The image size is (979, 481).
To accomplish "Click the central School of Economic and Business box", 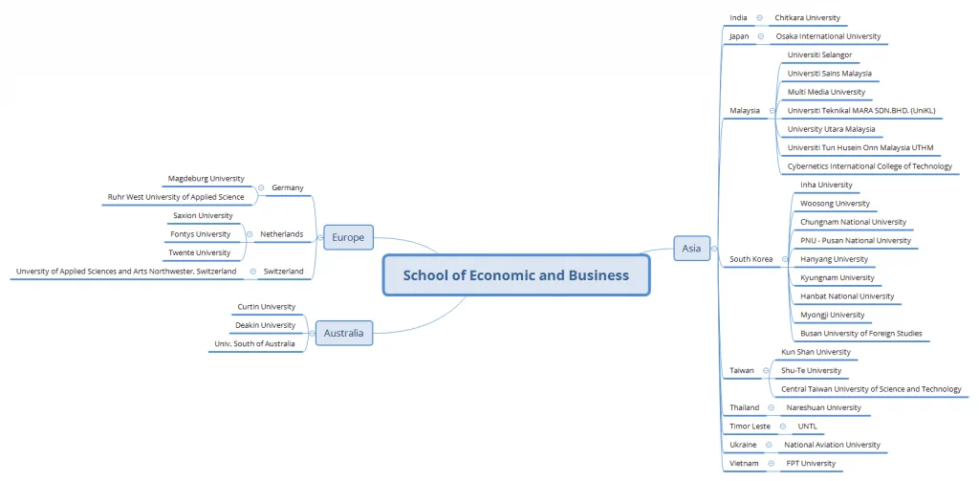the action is pyautogui.click(x=516, y=274).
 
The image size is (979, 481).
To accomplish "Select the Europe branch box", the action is pyautogui.click(x=348, y=237).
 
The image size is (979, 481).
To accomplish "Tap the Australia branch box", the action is pyautogui.click(x=343, y=333).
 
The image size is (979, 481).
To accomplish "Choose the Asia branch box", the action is pyautogui.click(x=692, y=248).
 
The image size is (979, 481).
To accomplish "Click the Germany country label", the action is pyautogui.click(x=288, y=187).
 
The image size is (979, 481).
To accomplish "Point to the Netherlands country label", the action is pyautogui.click(x=282, y=234).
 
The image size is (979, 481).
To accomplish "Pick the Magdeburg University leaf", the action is pyautogui.click(x=207, y=179).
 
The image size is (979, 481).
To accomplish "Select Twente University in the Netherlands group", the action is pyautogui.click(x=200, y=253).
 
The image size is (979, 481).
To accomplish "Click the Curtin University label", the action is pyautogui.click(x=267, y=307).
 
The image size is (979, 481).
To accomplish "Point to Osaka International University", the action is pyautogui.click(x=829, y=36).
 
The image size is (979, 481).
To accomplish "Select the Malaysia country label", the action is pyautogui.click(x=745, y=111).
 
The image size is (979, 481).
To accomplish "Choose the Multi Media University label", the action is pyautogui.click(x=827, y=92).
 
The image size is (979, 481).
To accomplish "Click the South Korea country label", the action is pyautogui.click(x=751, y=259).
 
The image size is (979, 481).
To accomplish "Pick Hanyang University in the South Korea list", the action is pyautogui.click(x=834, y=259).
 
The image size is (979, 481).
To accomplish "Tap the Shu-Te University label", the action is pyautogui.click(x=812, y=370).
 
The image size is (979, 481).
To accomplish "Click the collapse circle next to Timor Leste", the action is pyautogui.click(x=783, y=426).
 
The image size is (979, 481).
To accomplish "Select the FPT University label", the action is pyautogui.click(x=811, y=464).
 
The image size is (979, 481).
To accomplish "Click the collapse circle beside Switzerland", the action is pyautogui.click(x=252, y=272).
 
